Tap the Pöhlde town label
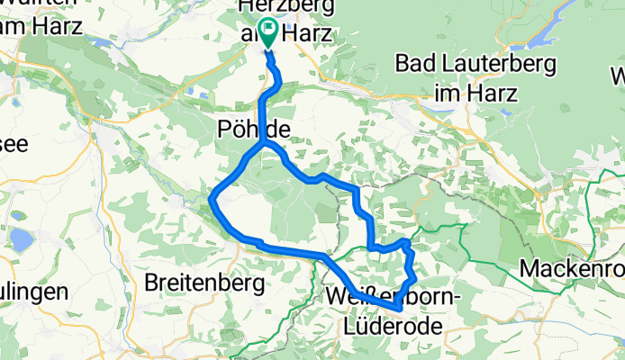click(254, 130)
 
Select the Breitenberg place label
click(204, 283)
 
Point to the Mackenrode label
click(574, 268)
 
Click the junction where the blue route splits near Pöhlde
click(263, 144)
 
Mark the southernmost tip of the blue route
click(398, 310)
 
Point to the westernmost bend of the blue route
click(212, 197)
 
